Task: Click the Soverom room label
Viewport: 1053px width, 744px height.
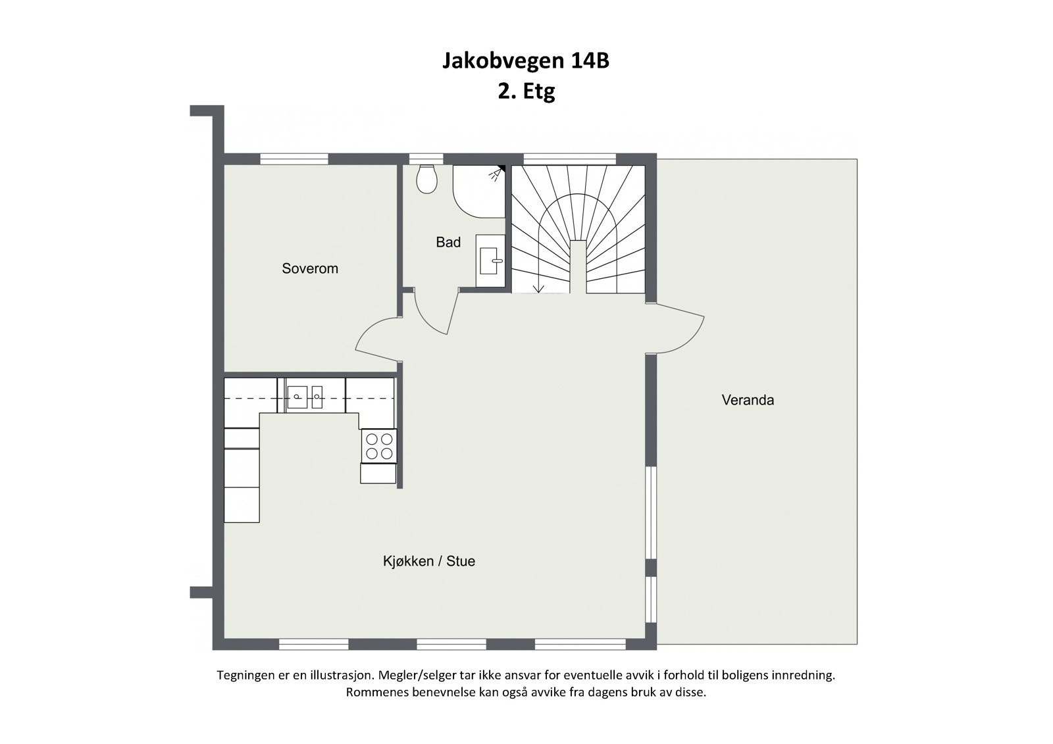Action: [309, 268]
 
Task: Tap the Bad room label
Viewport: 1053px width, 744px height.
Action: [448, 243]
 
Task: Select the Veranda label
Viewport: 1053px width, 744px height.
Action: [748, 400]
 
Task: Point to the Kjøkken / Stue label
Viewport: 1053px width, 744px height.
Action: [428, 561]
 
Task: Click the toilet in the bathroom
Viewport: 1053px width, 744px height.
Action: [427, 179]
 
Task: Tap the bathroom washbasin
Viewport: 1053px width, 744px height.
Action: [490, 260]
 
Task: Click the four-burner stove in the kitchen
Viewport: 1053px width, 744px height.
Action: [379, 446]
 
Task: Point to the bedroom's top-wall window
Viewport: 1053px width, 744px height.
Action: [294, 159]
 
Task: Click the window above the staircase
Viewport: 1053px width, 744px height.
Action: [569, 159]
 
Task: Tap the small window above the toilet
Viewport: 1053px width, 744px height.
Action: [426, 159]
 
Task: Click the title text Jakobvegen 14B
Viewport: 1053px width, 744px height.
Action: [525, 61]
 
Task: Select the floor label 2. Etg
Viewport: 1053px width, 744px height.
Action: [526, 91]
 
